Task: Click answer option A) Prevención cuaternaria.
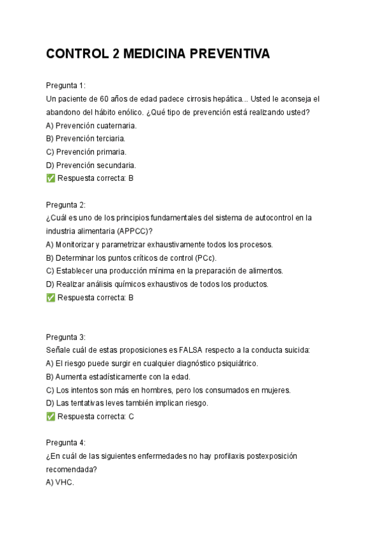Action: [x=91, y=126]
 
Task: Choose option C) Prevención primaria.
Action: [x=86, y=152]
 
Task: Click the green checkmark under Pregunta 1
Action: [x=51, y=178]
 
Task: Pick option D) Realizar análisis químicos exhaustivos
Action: [x=157, y=284]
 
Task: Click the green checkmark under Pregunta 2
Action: [x=51, y=298]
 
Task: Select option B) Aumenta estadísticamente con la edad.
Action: [x=118, y=377]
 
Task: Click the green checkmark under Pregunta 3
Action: [x=51, y=417]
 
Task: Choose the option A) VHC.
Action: [x=60, y=483]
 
